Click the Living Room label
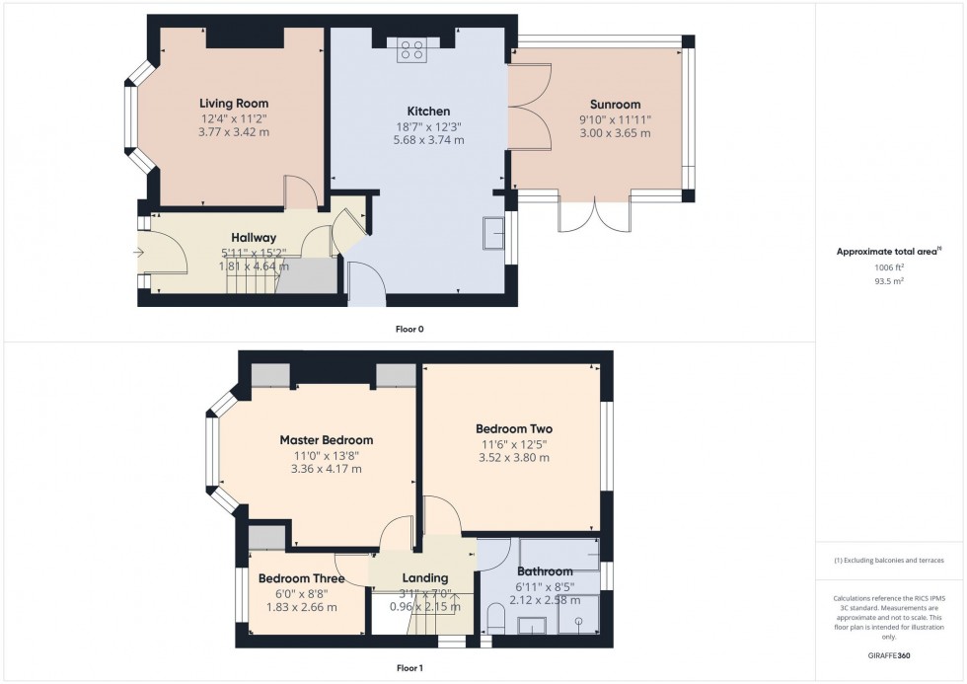tap(234, 104)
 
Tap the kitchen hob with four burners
tap(411, 49)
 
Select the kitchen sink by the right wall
tap(491, 234)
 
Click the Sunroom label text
tap(615, 105)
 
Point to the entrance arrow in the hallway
tap(139, 254)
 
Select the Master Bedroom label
tap(326, 440)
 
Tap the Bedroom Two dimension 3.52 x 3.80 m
tap(513, 458)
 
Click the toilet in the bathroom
tap(496, 619)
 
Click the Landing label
tap(425, 577)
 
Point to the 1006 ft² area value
tap(890, 266)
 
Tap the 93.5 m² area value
tap(890, 280)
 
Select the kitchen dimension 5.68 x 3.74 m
tap(428, 140)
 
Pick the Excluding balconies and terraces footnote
tap(890, 560)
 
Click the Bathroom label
tap(544, 571)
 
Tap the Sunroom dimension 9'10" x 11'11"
tap(615, 119)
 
